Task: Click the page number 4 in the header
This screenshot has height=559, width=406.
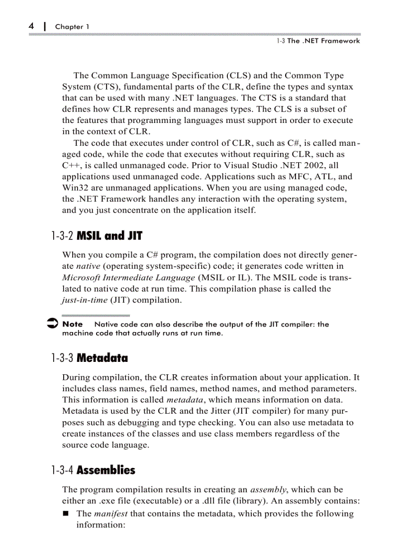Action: pos(31,25)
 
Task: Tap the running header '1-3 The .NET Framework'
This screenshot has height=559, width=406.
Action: pos(318,41)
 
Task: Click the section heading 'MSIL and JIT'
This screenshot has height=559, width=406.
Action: pos(110,236)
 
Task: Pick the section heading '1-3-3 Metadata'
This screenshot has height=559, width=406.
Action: pos(90,358)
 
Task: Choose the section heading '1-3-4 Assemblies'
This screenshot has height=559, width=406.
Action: pos(93,470)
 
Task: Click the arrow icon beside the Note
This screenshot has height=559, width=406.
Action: pos(51,325)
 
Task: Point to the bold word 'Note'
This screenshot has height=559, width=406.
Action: pos(73,324)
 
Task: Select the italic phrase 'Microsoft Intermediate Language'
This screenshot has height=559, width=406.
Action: pos(128,278)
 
